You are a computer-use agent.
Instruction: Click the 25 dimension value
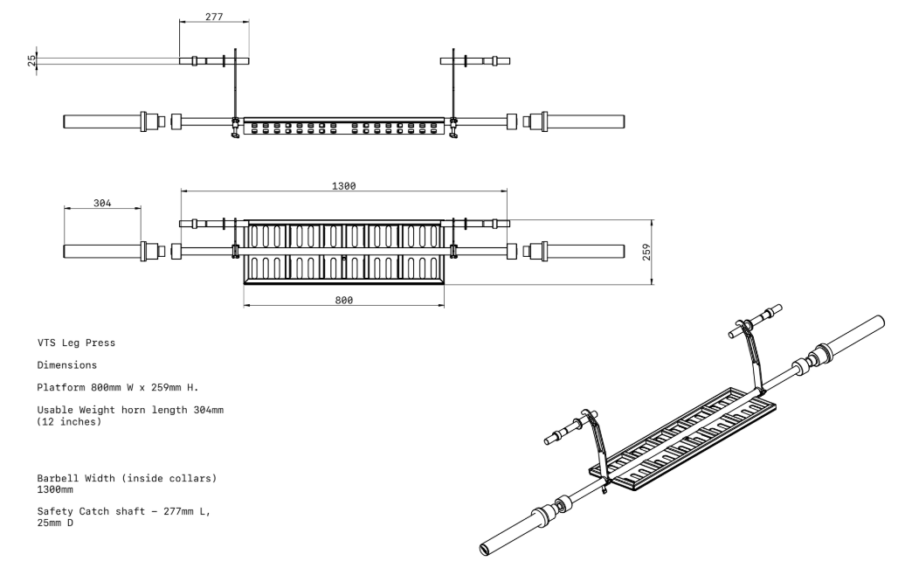pyautogui.click(x=31, y=61)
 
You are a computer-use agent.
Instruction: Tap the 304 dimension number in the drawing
pyautogui.click(x=101, y=204)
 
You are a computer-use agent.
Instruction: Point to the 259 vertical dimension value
pyautogui.click(x=646, y=252)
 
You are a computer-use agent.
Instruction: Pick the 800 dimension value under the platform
pyautogui.click(x=343, y=300)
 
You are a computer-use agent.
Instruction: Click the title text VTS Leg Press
pyautogui.click(x=75, y=343)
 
